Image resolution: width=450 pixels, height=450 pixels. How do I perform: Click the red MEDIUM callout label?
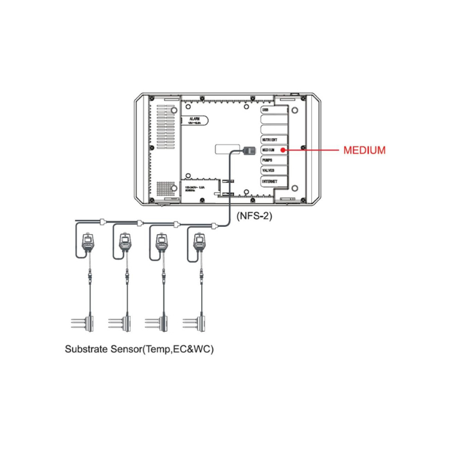[x=364, y=150]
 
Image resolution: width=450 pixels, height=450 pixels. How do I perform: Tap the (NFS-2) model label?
[x=255, y=216]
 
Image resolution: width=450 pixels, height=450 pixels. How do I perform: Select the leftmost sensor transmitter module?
[x=87, y=242]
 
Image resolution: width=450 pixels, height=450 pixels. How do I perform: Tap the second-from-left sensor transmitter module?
[x=125, y=242]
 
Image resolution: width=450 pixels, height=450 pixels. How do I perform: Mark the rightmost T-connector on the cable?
[x=213, y=224]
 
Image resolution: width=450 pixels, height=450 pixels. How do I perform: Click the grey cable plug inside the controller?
[x=250, y=150]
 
